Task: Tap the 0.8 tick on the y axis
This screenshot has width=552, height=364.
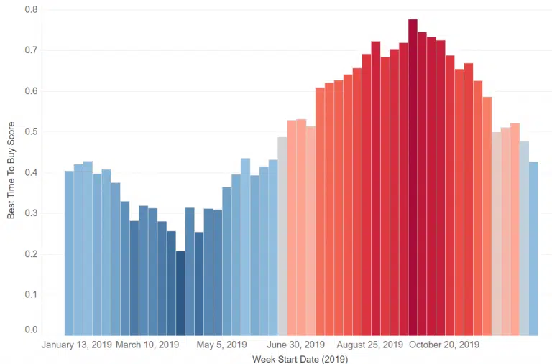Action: pyautogui.click(x=32, y=10)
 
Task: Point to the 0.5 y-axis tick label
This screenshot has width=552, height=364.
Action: pyautogui.click(x=32, y=132)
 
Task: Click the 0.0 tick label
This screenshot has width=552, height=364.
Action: pyautogui.click(x=32, y=330)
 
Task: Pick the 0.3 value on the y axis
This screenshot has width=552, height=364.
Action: pyautogui.click(x=32, y=213)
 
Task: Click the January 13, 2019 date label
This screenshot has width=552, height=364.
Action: pyautogui.click(x=77, y=345)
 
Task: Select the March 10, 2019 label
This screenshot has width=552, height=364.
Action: pyautogui.click(x=147, y=345)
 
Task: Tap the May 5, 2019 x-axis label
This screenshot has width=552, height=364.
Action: pyautogui.click(x=221, y=345)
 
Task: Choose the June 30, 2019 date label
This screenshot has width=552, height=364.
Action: pyautogui.click(x=295, y=345)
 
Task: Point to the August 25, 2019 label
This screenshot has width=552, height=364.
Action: pyautogui.click(x=370, y=345)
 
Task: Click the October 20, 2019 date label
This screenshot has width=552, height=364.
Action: pyautogui.click(x=444, y=345)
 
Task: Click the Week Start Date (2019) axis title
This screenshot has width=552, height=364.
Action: pyautogui.click(x=300, y=359)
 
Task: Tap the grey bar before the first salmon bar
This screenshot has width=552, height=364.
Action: pyautogui.click(x=282, y=236)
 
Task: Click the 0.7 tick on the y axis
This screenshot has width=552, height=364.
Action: pyautogui.click(x=32, y=50)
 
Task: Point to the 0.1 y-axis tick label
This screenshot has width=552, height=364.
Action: pyautogui.click(x=32, y=294)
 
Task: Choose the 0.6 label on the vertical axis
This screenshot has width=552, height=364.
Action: pyautogui.click(x=32, y=91)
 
